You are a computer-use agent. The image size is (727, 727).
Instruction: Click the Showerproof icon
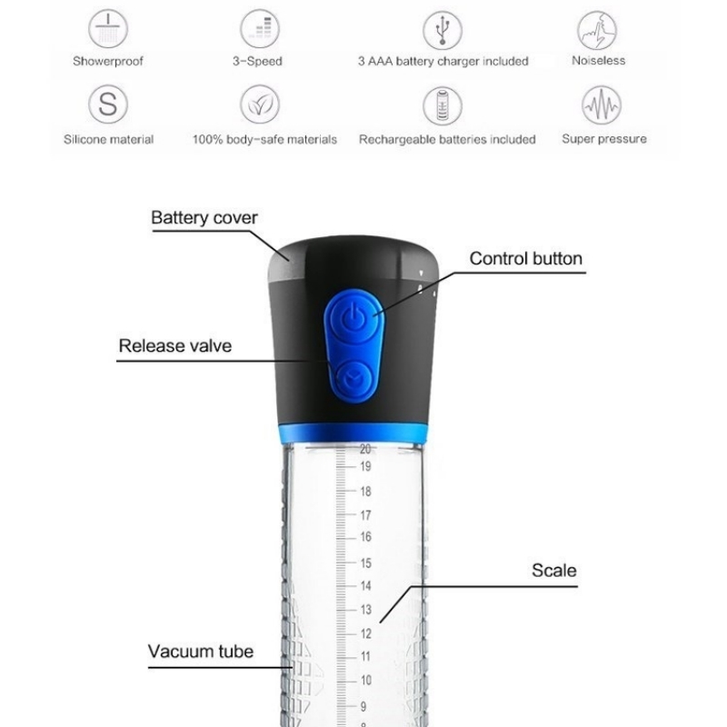(x=107, y=29)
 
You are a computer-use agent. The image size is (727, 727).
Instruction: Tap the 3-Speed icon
(x=260, y=29)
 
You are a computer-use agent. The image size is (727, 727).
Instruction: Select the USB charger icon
(x=443, y=30)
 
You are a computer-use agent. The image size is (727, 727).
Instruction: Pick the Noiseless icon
(x=597, y=30)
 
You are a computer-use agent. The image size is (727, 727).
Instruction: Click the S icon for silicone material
(x=107, y=105)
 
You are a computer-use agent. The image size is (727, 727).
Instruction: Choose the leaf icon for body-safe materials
(x=260, y=105)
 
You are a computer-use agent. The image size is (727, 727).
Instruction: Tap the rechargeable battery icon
(x=443, y=105)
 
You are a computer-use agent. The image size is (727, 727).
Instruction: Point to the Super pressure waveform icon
(x=602, y=105)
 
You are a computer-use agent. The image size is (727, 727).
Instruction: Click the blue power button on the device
(x=354, y=318)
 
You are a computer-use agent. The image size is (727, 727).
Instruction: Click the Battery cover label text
(x=204, y=218)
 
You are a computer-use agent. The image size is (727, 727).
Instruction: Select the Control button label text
(x=526, y=259)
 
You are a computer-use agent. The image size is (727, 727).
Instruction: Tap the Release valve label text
(x=174, y=346)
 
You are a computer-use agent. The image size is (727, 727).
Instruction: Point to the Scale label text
(x=554, y=571)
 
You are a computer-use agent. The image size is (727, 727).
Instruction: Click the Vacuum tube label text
(x=201, y=652)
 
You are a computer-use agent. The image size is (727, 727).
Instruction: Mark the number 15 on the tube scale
(x=366, y=563)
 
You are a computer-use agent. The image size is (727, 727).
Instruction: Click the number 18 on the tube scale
(x=366, y=492)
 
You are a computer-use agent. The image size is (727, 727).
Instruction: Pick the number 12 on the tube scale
(x=366, y=633)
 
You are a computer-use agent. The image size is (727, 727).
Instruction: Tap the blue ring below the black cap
(x=353, y=433)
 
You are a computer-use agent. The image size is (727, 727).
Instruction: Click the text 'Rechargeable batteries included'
(x=447, y=139)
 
